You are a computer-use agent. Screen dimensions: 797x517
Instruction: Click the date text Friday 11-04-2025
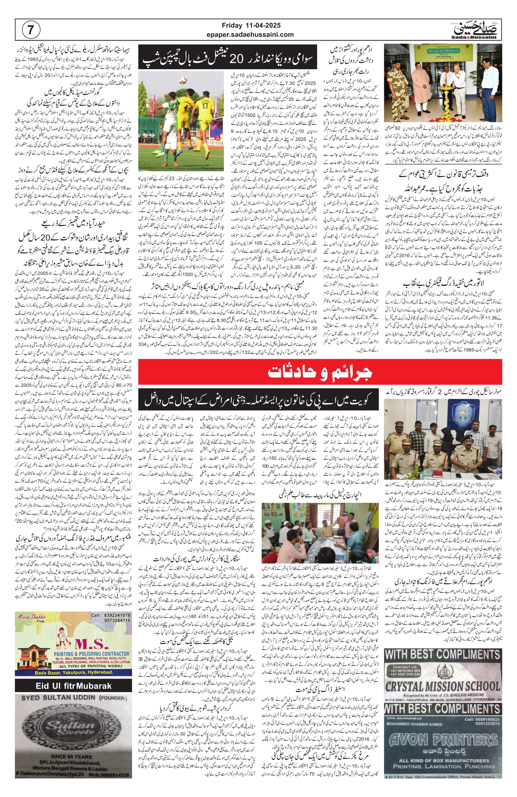click(253, 25)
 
